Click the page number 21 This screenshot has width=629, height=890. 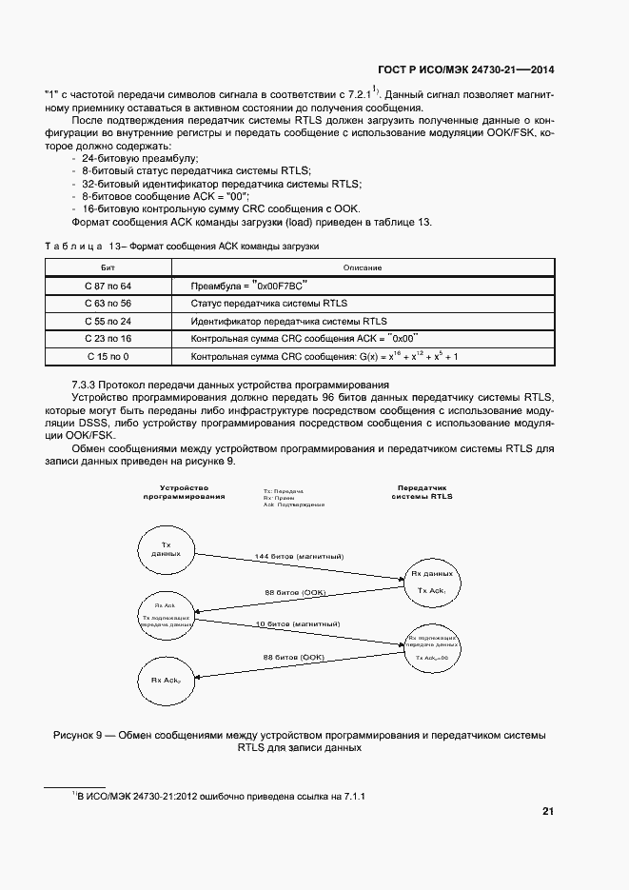[547, 811]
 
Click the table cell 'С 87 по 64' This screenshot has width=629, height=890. [108, 286]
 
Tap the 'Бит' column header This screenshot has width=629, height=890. [108, 267]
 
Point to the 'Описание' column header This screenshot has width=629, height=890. [363, 267]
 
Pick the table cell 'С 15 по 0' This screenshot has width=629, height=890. [108, 356]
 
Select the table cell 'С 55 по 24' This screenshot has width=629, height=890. [108, 321]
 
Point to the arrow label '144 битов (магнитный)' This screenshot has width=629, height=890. [299, 556]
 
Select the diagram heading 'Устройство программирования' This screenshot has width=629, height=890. [184, 491]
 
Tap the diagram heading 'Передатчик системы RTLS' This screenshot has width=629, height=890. [423, 491]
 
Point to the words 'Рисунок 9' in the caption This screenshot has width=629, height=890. [85, 736]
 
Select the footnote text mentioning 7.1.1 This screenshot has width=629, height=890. [220, 796]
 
